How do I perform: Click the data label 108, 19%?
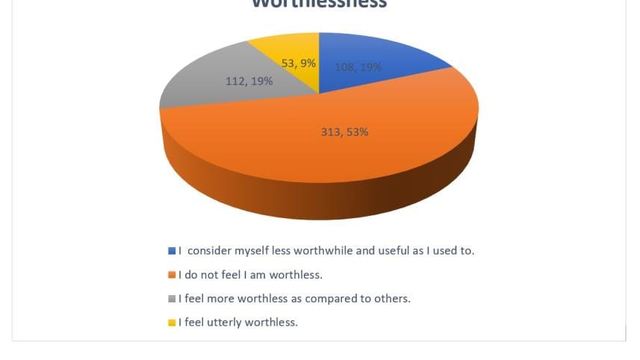pos(358,67)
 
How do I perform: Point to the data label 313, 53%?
pos(344,132)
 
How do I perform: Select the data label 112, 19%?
pos(249,81)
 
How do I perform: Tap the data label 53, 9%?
pos(298,63)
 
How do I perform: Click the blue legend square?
pos(172,251)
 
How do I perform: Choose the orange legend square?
pos(172,275)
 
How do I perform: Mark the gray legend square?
pos(172,299)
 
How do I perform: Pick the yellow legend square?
pos(172,323)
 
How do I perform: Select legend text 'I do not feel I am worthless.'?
pos(250,275)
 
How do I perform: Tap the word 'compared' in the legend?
pos(340,299)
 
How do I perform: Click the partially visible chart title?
pos(319,4)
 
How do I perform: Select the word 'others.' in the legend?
pos(392,299)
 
